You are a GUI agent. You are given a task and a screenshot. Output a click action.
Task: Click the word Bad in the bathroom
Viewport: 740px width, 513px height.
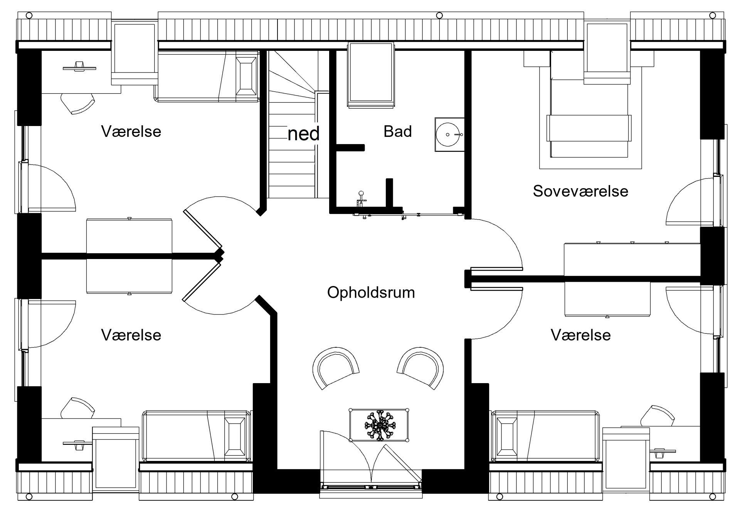click(397, 131)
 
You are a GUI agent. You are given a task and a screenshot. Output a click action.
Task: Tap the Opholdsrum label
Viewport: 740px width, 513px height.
click(371, 293)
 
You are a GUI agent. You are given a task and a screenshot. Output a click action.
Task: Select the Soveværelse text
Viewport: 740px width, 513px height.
click(580, 191)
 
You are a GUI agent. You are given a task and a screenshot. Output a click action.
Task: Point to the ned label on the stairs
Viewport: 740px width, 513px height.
click(304, 134)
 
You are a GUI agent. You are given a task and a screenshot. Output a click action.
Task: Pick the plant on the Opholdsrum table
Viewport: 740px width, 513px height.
click(379, 426)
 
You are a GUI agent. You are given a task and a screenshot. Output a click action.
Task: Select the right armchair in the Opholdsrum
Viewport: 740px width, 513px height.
click(420, 368)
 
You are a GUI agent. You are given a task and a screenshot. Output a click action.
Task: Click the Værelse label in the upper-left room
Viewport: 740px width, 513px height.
click(131, 131)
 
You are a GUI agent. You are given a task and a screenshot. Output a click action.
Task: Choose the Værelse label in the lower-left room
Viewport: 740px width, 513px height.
click(131, 335)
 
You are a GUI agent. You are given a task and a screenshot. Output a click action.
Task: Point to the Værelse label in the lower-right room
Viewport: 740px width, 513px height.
click(581, 335)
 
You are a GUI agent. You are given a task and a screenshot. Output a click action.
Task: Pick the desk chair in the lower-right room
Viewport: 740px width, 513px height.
click(658, 415)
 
